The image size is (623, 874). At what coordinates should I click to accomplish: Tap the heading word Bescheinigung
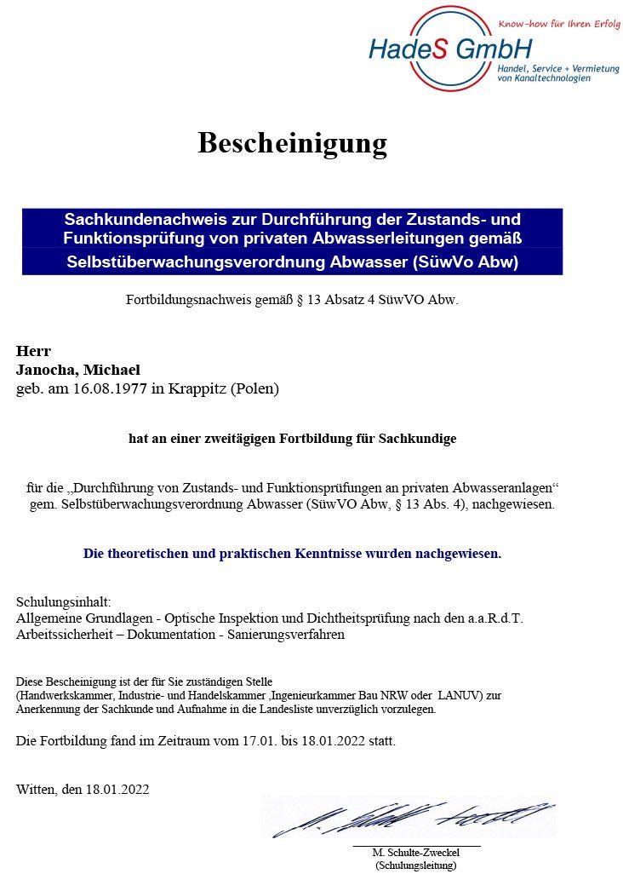tap(292, 143)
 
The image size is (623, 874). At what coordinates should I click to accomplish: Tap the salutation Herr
tap(33, 351)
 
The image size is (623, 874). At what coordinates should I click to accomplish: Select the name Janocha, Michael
tap(77, 370)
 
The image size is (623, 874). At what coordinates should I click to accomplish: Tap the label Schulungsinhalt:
tap(63, 601)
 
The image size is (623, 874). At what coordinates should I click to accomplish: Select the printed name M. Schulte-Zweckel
tap(415, 853)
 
